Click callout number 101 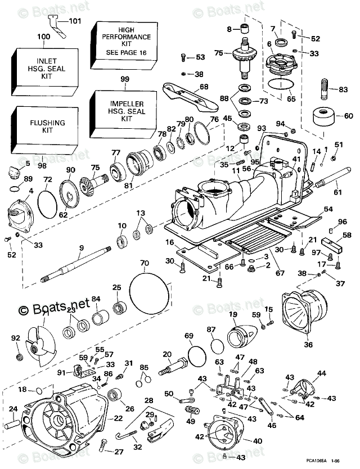point(75,21)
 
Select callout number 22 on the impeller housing point(118,418)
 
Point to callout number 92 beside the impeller point(15,339)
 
